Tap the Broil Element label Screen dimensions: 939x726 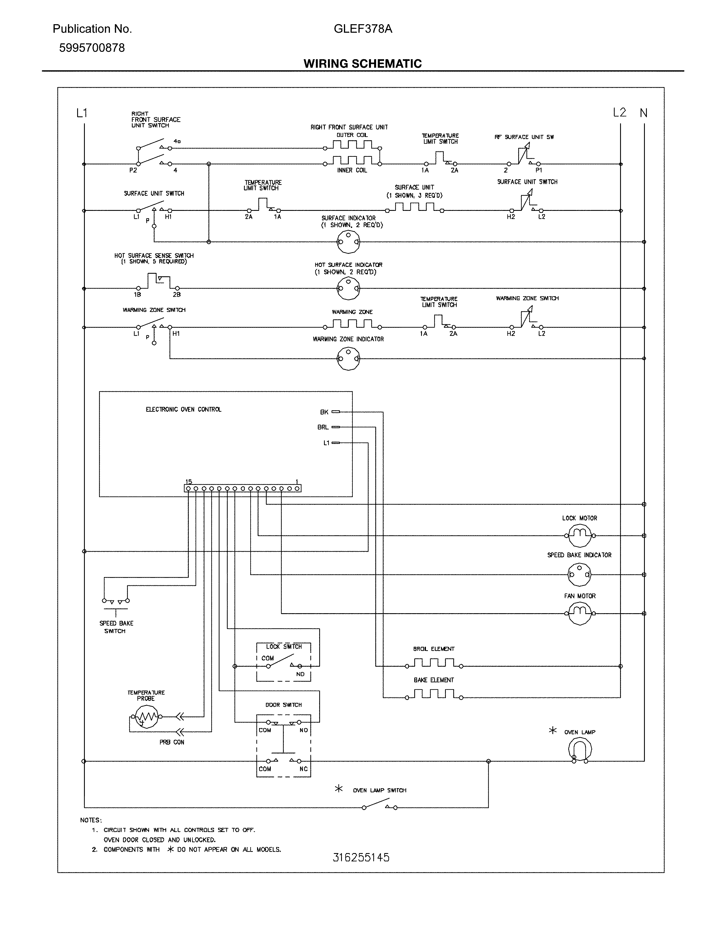pos(434,649)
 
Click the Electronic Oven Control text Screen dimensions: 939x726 pos(184,409)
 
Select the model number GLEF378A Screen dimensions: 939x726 pos(362,29)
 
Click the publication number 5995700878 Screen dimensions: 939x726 pos(92,48)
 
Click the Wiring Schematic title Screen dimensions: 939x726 pos(362,64)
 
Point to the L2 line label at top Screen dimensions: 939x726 pos(619,113)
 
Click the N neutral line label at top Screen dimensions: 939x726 pos(643,113)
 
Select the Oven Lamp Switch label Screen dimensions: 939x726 pos(379,790)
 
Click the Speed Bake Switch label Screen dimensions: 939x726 pos(116,627)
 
